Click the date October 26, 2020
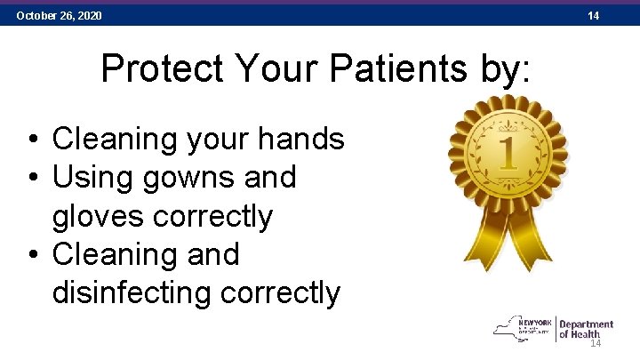pos(59,16)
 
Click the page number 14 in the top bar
pos(593,16)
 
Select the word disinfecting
pos(142,292)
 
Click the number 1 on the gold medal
pos(508,152)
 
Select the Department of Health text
pos(587,329)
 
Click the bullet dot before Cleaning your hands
pos(32,140)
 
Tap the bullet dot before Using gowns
pos(32,179)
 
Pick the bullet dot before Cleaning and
pos(32,256)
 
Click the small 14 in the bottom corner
pos(596,344)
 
